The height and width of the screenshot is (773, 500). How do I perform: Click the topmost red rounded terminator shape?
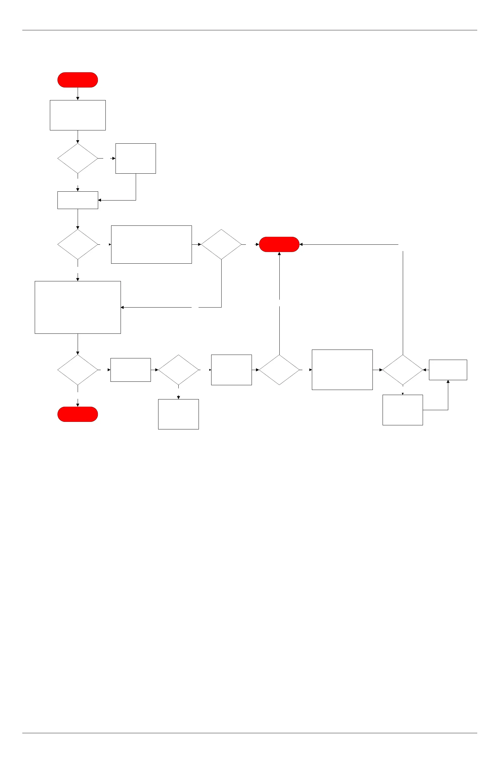78,80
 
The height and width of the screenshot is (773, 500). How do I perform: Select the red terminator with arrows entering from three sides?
279,244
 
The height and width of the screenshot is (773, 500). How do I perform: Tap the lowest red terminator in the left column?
78,414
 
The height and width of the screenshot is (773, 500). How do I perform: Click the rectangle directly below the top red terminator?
78,115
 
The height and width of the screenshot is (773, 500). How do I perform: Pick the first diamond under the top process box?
78,159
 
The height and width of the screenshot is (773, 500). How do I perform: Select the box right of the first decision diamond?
135,159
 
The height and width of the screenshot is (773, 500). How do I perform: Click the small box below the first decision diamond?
78,200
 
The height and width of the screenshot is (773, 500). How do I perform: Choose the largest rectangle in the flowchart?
78,307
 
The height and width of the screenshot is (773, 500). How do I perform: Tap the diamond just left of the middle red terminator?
221,244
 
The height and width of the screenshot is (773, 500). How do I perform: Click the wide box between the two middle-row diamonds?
151,244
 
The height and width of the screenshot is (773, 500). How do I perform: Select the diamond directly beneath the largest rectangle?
78,370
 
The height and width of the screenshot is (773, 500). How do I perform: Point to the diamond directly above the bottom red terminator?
78,370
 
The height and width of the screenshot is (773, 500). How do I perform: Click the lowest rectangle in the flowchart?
178,414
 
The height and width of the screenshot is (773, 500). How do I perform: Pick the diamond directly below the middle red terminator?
279,370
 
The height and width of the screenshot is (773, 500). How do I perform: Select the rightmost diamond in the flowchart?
402,370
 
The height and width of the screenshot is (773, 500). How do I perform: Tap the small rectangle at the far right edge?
448,370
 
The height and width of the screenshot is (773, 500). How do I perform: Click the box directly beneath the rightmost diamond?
402,410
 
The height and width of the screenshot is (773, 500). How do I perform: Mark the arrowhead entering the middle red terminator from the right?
301,244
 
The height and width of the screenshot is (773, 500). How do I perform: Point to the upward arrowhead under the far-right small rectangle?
448,382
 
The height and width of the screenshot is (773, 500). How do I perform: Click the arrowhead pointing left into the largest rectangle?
122,307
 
